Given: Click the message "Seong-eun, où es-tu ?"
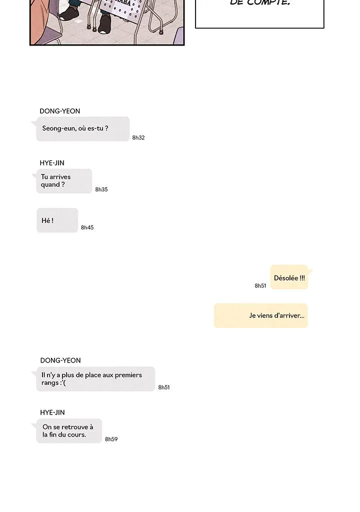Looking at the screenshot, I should (x=82, y=129).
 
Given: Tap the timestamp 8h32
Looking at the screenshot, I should (x=138, y=137).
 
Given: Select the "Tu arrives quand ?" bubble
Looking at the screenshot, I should (x=64, y=181).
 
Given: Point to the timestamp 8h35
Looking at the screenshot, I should (x=101, y=189).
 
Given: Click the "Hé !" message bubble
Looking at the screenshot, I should (x=57, y=220).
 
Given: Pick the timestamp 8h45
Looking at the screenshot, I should (x=87, y=227).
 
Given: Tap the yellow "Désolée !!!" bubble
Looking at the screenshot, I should (x=289, y=277).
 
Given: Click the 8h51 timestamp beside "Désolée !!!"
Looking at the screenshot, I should (x=260, y=286).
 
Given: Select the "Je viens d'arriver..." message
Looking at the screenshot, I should (x=261, y=315).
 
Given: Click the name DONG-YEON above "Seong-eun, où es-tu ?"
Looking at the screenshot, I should (x=60, y=111).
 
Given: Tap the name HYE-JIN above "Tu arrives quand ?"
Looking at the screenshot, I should (x=52, y=163).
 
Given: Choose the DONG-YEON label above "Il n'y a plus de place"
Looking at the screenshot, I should (x=60, y=360).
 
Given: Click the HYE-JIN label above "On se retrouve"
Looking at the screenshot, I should (x=52, y=412).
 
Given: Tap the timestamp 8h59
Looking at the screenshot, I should (x=111, y=439).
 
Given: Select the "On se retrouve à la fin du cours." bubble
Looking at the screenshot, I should (x=68, y=431).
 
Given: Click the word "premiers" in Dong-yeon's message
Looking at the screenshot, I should (x=128, y=375).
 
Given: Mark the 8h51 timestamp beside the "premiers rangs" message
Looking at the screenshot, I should (x=164, y=387).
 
